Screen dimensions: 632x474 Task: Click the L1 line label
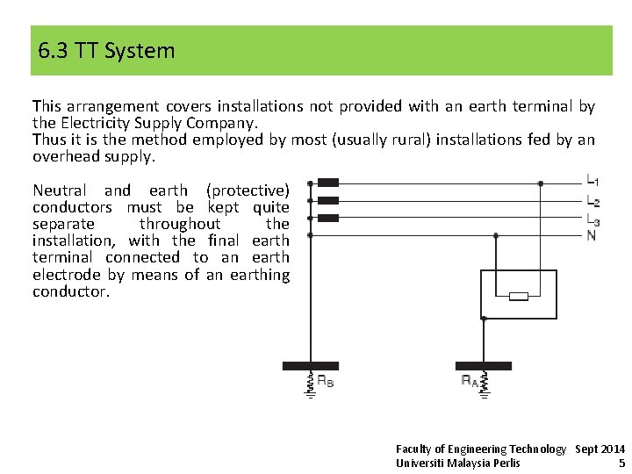[593, 181]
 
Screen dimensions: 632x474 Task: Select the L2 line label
[593, 201]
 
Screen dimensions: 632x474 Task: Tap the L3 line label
[593, 219]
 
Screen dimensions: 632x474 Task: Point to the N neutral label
[591, 235]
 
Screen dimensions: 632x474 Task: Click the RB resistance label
[325, 382]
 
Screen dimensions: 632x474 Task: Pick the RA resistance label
[470, 381]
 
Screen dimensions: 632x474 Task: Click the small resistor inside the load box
[519, 296]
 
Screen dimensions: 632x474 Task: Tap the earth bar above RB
[310, 366]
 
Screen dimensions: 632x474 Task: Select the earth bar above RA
[484, 366]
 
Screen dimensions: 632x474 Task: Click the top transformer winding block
[327, 183]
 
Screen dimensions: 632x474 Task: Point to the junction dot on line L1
[541, 183]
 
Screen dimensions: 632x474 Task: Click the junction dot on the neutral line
[496, 235]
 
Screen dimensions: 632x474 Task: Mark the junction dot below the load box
[484, 319]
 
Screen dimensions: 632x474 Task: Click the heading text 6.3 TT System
[106, 51]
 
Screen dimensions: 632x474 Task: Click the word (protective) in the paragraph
[248, 190]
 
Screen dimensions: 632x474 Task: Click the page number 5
[621, 463]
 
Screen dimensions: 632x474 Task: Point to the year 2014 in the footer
[611, 449]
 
